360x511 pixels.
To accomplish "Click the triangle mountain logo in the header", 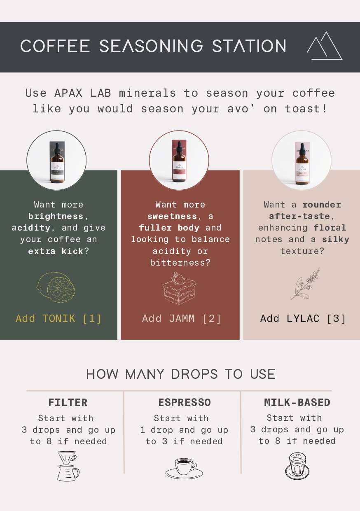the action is tap(324, 46).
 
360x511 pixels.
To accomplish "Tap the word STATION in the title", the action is tap(249, 46).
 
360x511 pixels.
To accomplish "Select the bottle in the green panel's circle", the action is tap(57, 162).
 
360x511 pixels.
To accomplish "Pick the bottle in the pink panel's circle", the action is tap(302, 163).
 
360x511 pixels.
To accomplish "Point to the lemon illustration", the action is tap(56, 287).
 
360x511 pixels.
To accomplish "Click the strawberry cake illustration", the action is tap(179, 288).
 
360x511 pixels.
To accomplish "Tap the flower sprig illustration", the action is tap(305, 284).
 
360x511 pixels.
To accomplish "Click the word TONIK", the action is tap(59, 318).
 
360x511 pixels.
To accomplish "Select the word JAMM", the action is tap(182, 318).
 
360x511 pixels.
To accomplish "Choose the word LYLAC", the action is tap(303, 318).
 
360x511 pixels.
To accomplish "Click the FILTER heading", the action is tap(68, 403).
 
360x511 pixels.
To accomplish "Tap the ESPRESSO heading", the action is tap(185, 403).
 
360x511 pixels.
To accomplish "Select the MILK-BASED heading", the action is tap(297, 403).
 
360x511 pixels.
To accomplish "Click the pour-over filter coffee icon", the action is tap(68, 466).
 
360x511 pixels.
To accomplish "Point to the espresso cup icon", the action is tap(184, 468).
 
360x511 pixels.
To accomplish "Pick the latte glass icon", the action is tap(297, 466).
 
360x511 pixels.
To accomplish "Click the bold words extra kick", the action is tap(56, 251).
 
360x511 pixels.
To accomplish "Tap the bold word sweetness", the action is tap(172, 216).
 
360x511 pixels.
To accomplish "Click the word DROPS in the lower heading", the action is tap(194, 374).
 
